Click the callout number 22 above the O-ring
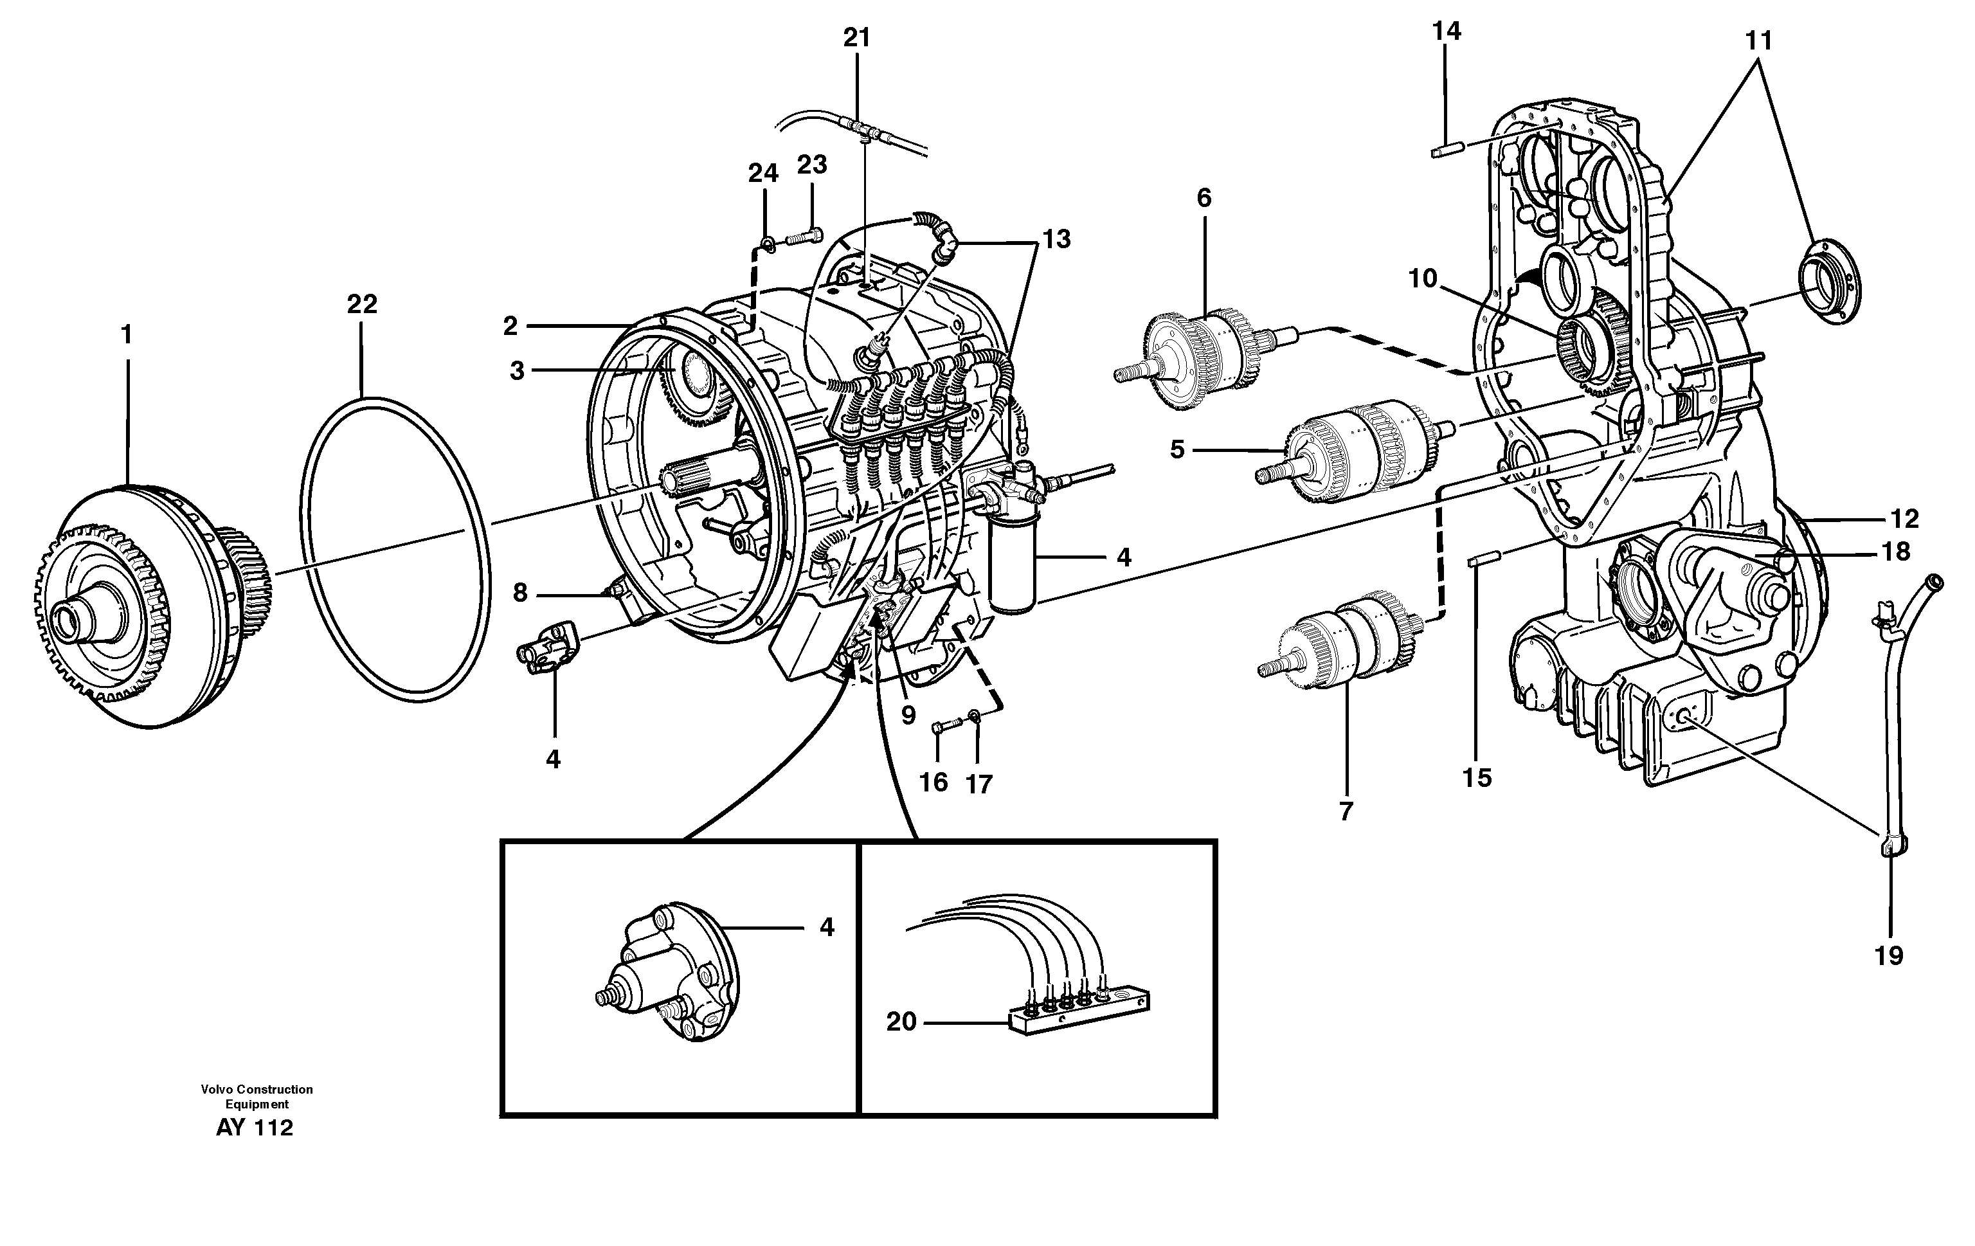[362, 304]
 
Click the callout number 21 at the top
[856, 38]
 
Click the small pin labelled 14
[1448, 150]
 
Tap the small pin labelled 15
[1484, 559]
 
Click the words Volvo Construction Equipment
[257, 1097]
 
